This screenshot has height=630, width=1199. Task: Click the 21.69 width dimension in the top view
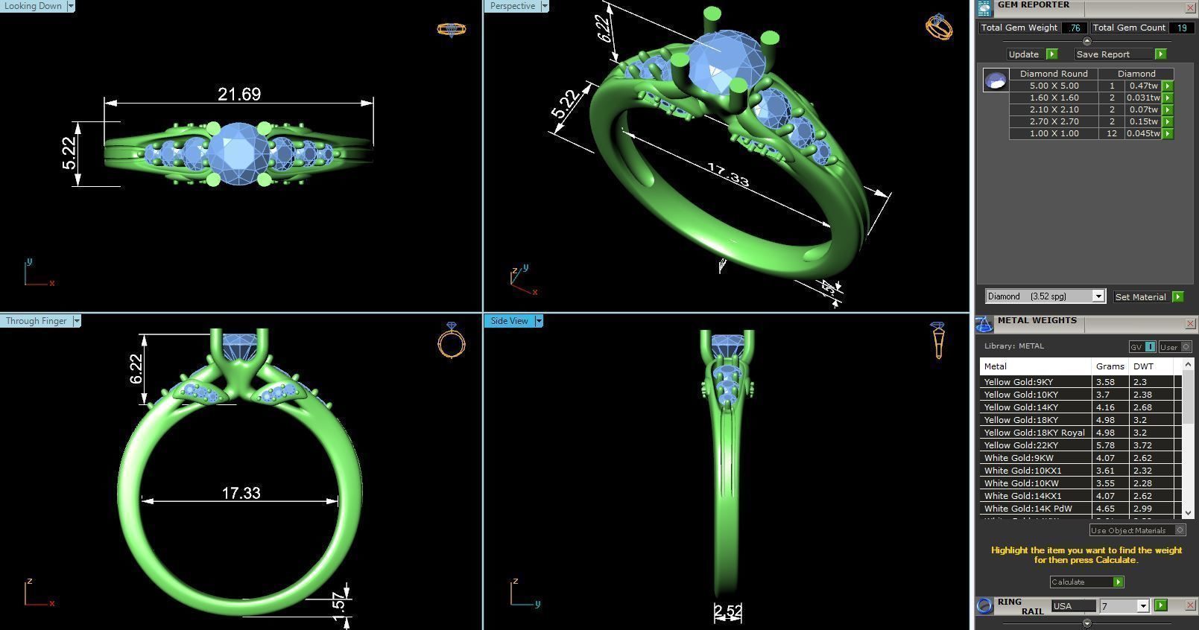(x=239, y=95)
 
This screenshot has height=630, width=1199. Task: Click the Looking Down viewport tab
(x=34, y=6)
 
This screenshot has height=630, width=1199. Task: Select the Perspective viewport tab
(x=513, y=6)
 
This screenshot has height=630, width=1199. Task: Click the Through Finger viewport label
(x=36, y=321)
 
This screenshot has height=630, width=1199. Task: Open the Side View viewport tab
(x=509, y=321)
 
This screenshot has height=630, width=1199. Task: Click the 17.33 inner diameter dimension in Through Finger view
(x=241, y=493)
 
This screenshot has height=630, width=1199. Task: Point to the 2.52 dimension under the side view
(x=727, y=611)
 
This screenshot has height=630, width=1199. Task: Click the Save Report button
(x=1103, y=54)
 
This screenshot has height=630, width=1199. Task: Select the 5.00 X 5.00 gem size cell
(x=1054, y=86)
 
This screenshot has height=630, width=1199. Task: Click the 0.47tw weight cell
(x=1143, y=86)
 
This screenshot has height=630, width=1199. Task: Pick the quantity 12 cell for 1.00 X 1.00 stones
(x=1112, y=133)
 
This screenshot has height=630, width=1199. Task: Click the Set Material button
(x=1140, y=296)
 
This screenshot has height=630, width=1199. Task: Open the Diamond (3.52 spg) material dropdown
(x=1045, y=296)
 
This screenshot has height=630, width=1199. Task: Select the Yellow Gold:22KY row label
(x=1021, y=445)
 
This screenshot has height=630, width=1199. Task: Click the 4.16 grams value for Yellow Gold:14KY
(x=1105, y=407)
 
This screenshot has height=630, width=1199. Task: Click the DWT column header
(x=1143, y=366)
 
